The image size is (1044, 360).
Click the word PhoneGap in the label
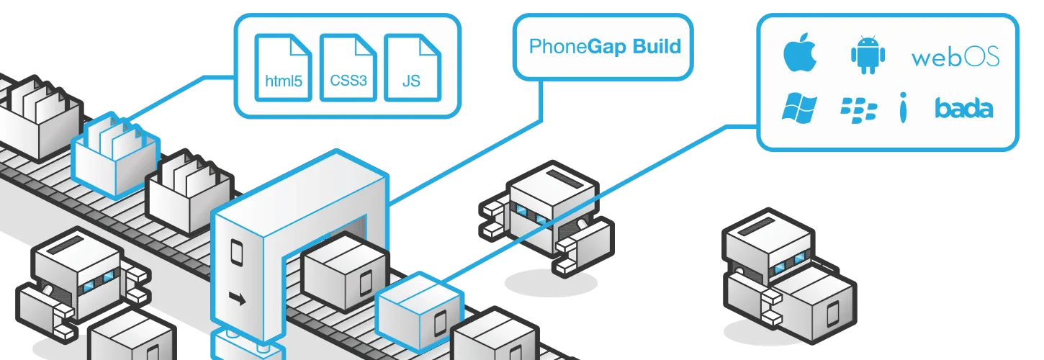pos(558,48)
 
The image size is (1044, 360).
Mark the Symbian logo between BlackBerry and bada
pos(902,108)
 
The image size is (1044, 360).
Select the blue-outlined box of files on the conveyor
pos(115,155)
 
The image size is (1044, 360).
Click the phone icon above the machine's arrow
pos(235,252)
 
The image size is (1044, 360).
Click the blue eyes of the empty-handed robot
pos(530,213)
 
